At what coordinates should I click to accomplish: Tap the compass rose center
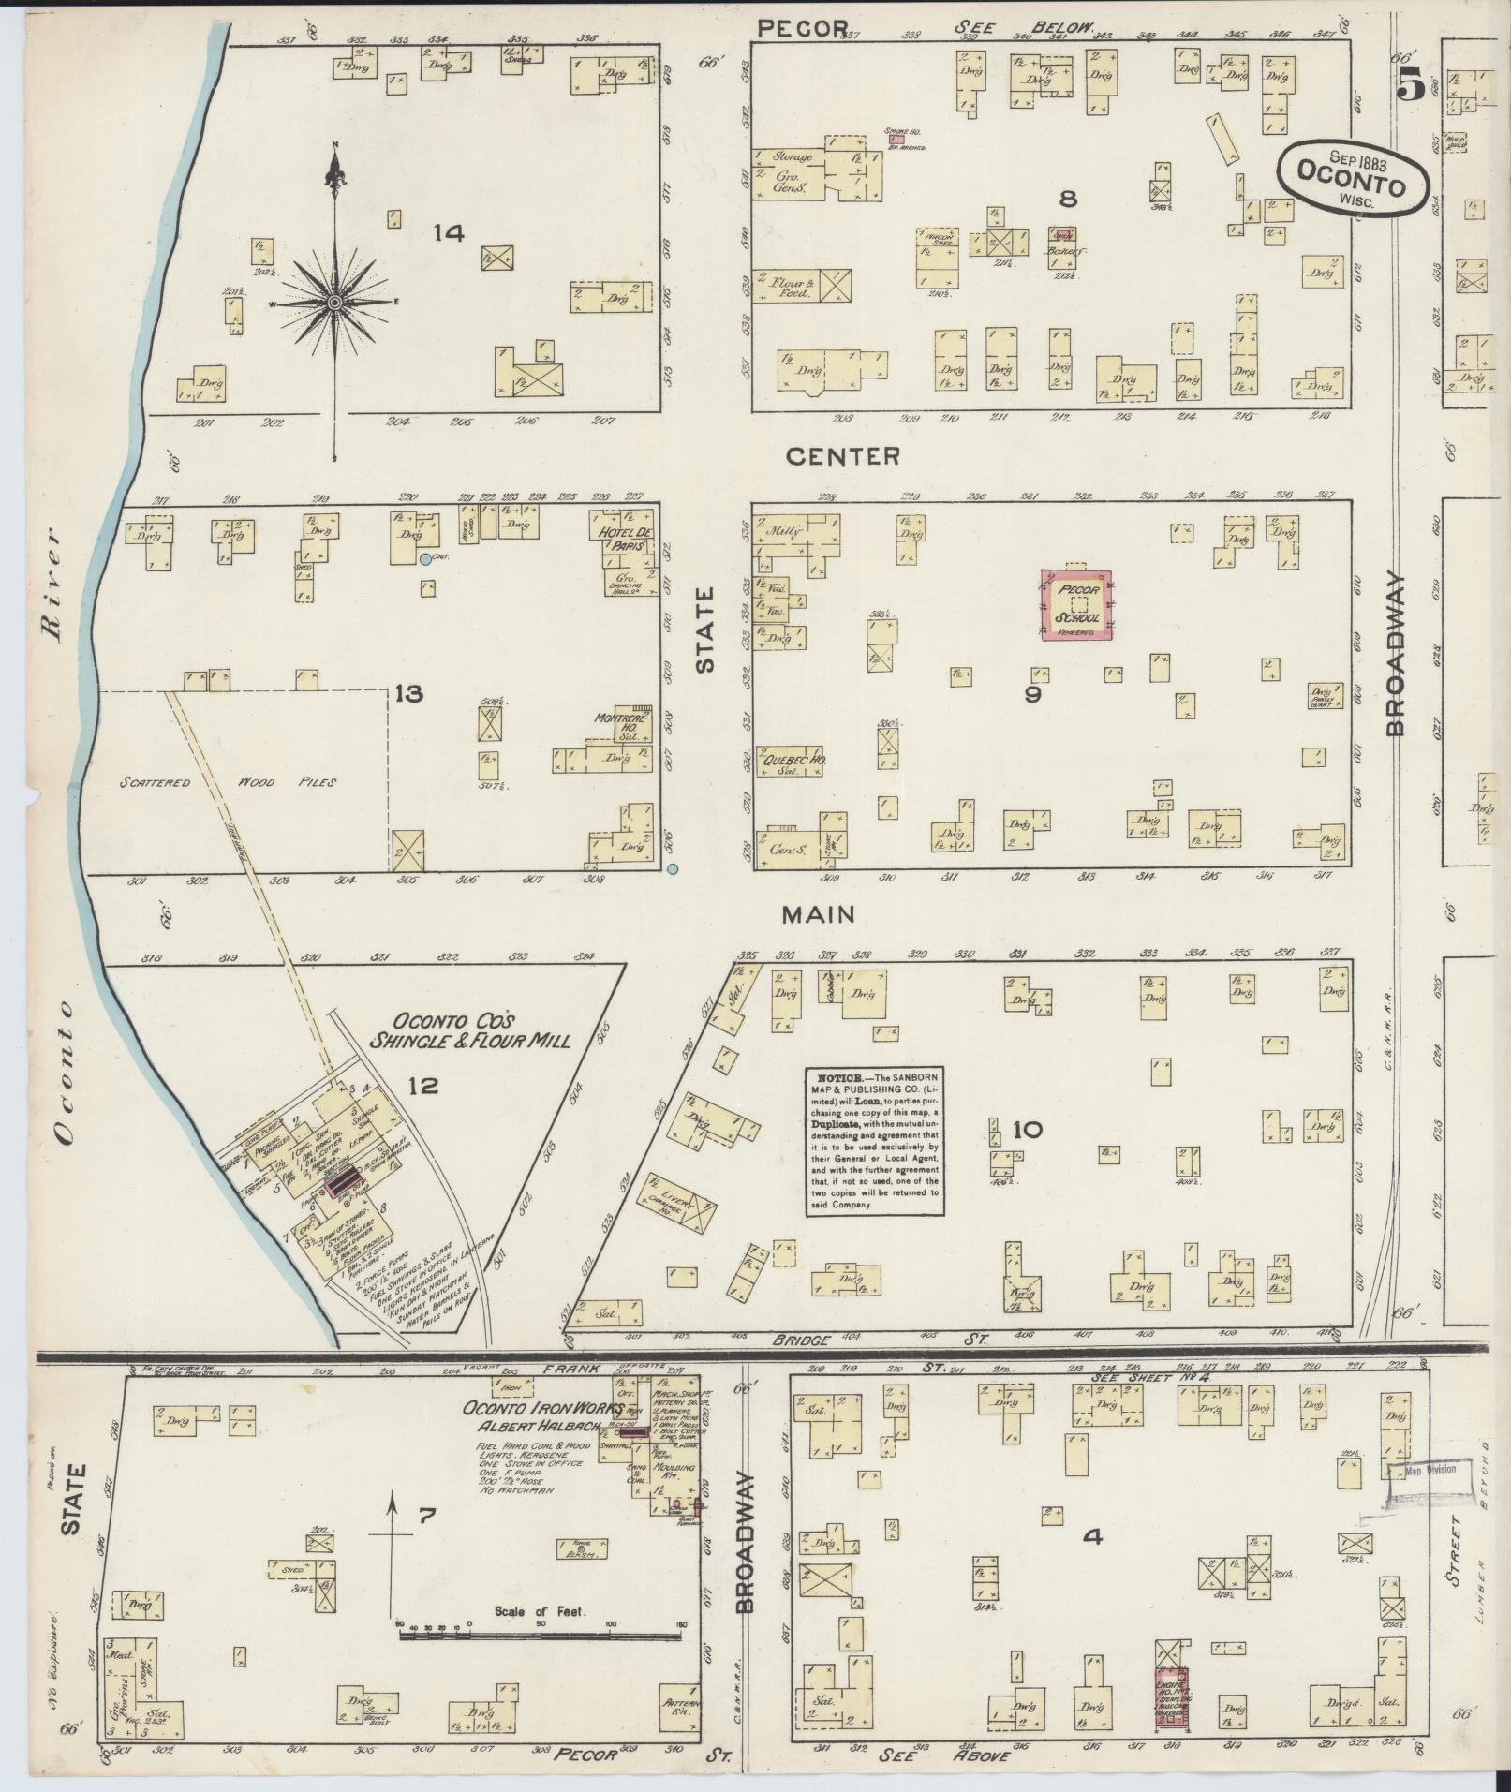point(333,303)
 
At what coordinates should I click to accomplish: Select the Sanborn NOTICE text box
point(874,1141)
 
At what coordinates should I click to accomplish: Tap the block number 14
point(449,233)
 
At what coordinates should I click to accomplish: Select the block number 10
point(1027,1130)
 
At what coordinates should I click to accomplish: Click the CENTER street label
point(842,456)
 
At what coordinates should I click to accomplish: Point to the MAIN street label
point(820,913)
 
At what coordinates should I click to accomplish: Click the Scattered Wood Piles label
point(228,781)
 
